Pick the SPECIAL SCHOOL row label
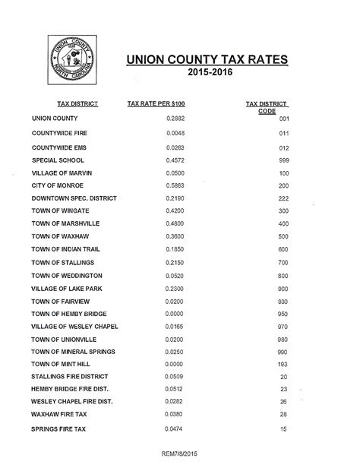[x=57, y=160]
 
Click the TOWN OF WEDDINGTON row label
[x=67, y=275]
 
